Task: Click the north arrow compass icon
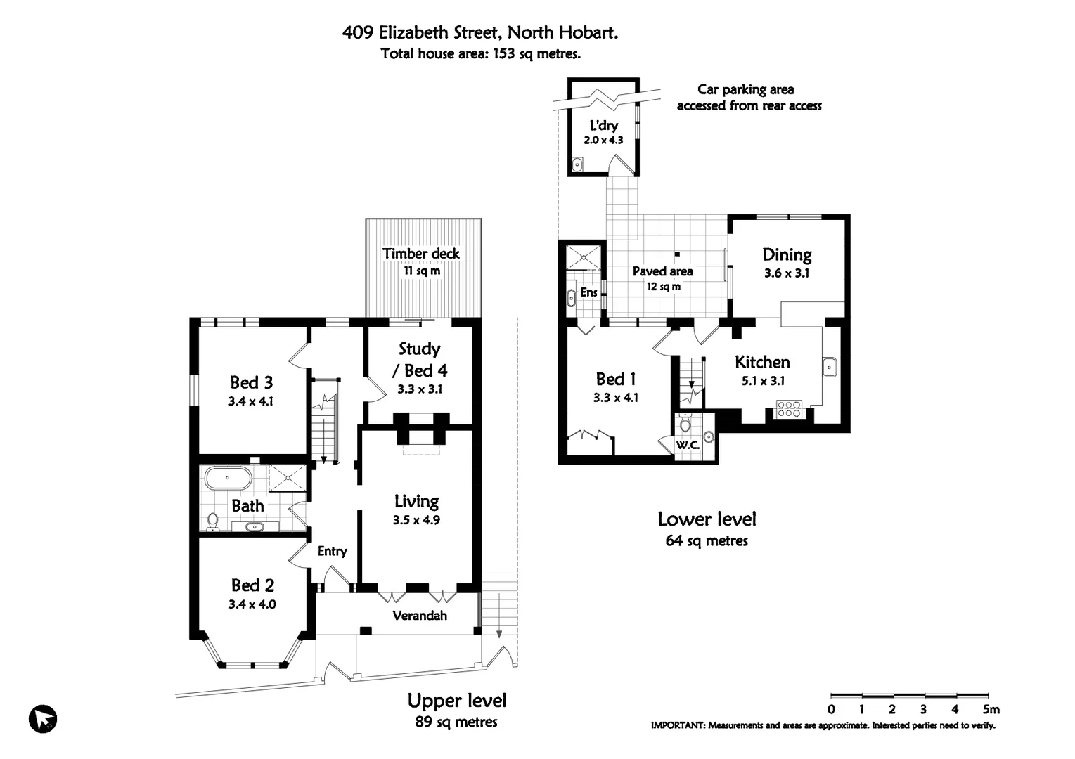pos(43,719)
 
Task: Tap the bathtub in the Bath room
pos(228,479)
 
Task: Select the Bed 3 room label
pos(251,382)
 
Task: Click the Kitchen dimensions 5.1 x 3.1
pos(763,381)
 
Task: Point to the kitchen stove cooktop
pos(789,409)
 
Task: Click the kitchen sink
pos(830,367)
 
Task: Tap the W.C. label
pos(687,446)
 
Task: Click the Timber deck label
pos(421,254)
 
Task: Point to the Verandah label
pos(420,616)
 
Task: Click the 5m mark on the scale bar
pos(990,709)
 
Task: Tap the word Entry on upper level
pos(332,551)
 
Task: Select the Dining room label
pos(787,254)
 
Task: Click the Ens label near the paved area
pos(589,292)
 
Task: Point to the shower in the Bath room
pos(288,479)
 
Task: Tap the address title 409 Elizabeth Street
pos(480,32)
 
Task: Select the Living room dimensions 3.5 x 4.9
pos(416,521)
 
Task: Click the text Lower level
pos(707,519)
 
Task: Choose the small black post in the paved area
pos(677,254)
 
